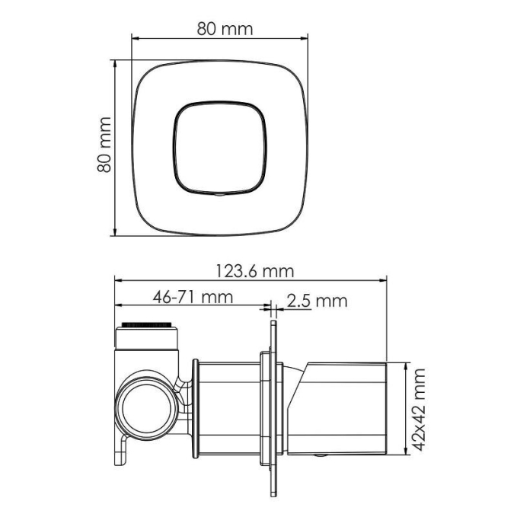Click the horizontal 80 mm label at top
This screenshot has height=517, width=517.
225,29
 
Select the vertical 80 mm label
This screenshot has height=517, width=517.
104,145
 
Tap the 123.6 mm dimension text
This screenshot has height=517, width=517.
255,271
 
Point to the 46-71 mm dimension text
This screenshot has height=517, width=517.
193,297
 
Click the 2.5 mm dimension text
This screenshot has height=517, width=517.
317,301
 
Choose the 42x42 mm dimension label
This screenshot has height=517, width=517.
419,409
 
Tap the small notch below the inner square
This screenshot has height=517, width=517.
219,195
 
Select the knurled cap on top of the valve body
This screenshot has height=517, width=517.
147,325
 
